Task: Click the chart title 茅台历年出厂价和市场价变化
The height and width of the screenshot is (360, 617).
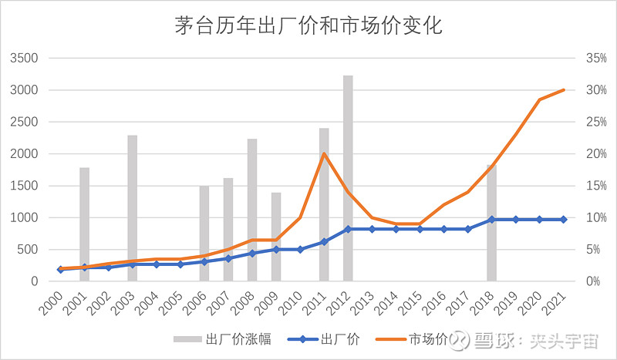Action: click(308, 26)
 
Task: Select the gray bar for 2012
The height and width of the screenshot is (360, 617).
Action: click(348, 178)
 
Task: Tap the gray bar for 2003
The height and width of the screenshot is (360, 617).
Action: click(133, 208)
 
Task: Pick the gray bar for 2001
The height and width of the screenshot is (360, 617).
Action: click(85, 224)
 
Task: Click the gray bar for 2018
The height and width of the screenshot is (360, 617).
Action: click(491, 223)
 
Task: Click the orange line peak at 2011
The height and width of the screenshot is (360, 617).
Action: click(324, 153)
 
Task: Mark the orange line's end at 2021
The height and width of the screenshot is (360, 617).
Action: click(564, 90)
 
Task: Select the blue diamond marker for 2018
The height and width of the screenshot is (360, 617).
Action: click(492, 220)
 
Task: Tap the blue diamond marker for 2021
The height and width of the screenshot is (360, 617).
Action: click(564, 220)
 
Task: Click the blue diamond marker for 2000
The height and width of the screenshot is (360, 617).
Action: click(60, 269)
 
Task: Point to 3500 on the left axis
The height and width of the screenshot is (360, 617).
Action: click(25, 58)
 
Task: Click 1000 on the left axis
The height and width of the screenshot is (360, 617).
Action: click(25, 217)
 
